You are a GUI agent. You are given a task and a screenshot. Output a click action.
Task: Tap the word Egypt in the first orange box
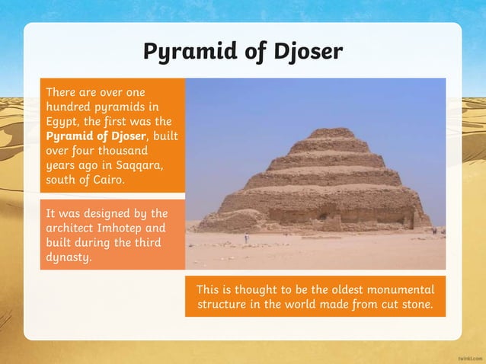[62, 120]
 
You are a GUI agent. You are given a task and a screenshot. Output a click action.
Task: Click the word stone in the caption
[415, 305]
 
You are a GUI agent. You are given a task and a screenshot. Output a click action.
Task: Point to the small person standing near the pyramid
[246, 238]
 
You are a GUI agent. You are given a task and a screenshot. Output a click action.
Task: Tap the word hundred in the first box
[68, 106]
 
